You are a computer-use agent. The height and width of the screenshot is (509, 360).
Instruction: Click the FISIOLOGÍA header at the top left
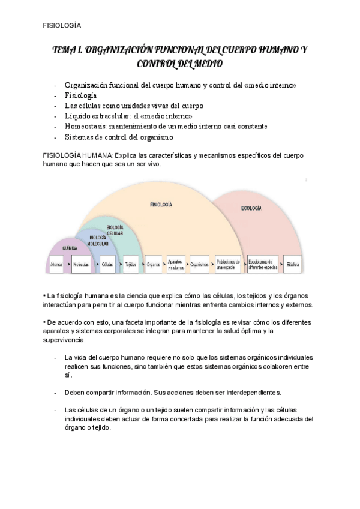pos(62,25)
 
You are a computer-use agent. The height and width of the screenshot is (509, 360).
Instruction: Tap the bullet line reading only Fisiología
pos(80,95)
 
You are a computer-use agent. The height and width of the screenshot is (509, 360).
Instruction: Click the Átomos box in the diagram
pos(57,264)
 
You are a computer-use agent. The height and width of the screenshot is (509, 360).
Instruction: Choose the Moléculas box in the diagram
pos(81,264)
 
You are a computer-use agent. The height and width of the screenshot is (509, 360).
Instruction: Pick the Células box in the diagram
pos(107,264)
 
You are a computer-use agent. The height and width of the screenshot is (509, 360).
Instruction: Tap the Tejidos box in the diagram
pos(130,264)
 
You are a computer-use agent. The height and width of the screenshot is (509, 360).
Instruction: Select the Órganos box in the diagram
pos(154,264)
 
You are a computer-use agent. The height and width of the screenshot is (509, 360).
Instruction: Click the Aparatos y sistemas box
pos(176,264)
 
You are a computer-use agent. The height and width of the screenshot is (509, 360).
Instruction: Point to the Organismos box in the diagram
pos(200,264)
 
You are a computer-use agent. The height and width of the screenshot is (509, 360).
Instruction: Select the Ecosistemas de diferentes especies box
pos(263,264)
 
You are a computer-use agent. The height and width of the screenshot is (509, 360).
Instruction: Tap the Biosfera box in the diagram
pos(293,264)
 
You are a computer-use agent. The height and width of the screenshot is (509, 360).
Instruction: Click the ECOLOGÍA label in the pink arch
pos(251,208)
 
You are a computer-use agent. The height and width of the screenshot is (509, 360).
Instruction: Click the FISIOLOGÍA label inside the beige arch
pos(161,205)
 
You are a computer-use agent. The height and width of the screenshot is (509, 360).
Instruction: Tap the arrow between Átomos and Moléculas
pos(68,264)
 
